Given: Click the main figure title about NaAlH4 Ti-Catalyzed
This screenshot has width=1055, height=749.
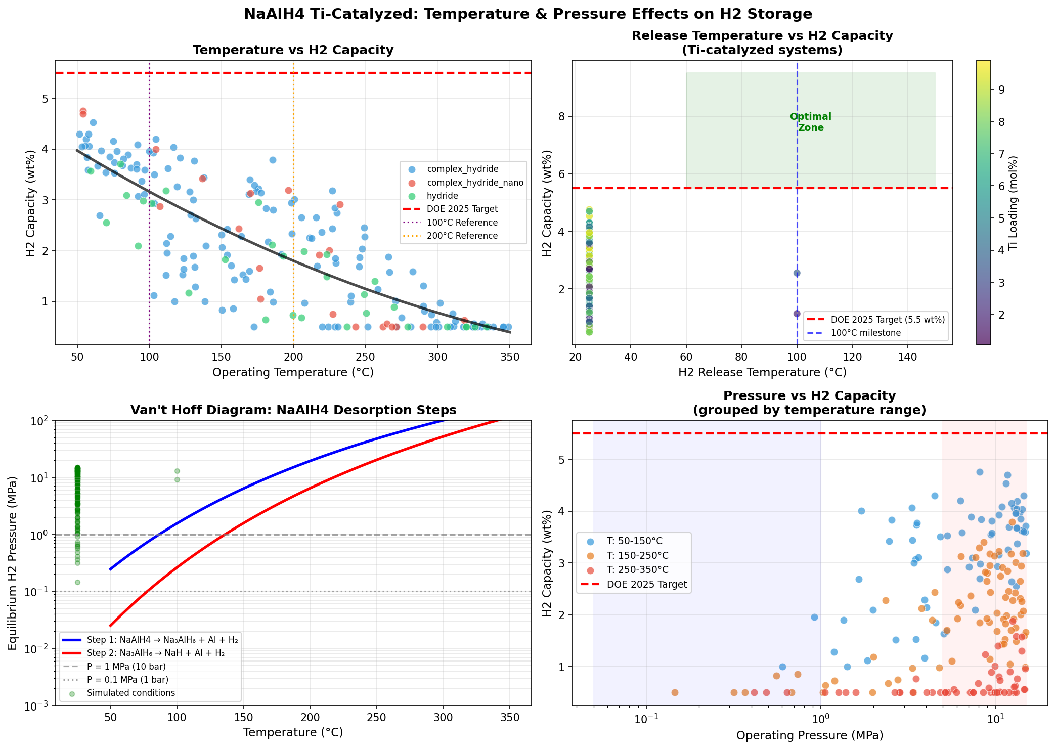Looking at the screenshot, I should (x=527, y=14).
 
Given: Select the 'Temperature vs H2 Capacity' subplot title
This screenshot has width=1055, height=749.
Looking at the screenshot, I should (x=293, y=50).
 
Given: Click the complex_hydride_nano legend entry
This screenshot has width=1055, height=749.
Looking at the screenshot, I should (x=475, y=183).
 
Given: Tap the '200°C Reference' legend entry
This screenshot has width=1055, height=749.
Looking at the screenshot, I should (x=462, y=236).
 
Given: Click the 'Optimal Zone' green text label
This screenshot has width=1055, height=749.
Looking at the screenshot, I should (x=811, y=122).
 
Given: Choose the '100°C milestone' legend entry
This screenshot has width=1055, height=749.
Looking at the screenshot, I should (x=866, y=333).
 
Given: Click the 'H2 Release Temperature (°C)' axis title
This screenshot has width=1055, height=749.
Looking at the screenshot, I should (x=762, y=373).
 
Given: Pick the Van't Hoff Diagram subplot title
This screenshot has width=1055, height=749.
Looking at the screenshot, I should (x=293, y=410).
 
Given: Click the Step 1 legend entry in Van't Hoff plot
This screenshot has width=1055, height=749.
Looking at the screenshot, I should (x=162, y=640).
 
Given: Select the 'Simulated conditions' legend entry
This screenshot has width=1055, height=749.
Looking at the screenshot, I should (x=130, y=693).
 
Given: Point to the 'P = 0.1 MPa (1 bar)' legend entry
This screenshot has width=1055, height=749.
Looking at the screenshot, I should (x=127, y=680).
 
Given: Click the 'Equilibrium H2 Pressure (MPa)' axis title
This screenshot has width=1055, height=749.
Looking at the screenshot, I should (x=13, y=562).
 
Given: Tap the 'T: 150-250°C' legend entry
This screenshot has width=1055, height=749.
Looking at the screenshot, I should (x=637, y=556).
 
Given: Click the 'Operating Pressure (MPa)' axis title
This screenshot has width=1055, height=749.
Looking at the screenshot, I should (x=809, y=735).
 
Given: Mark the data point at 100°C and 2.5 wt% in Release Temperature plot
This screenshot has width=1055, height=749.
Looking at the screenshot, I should (x=797, y=273).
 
